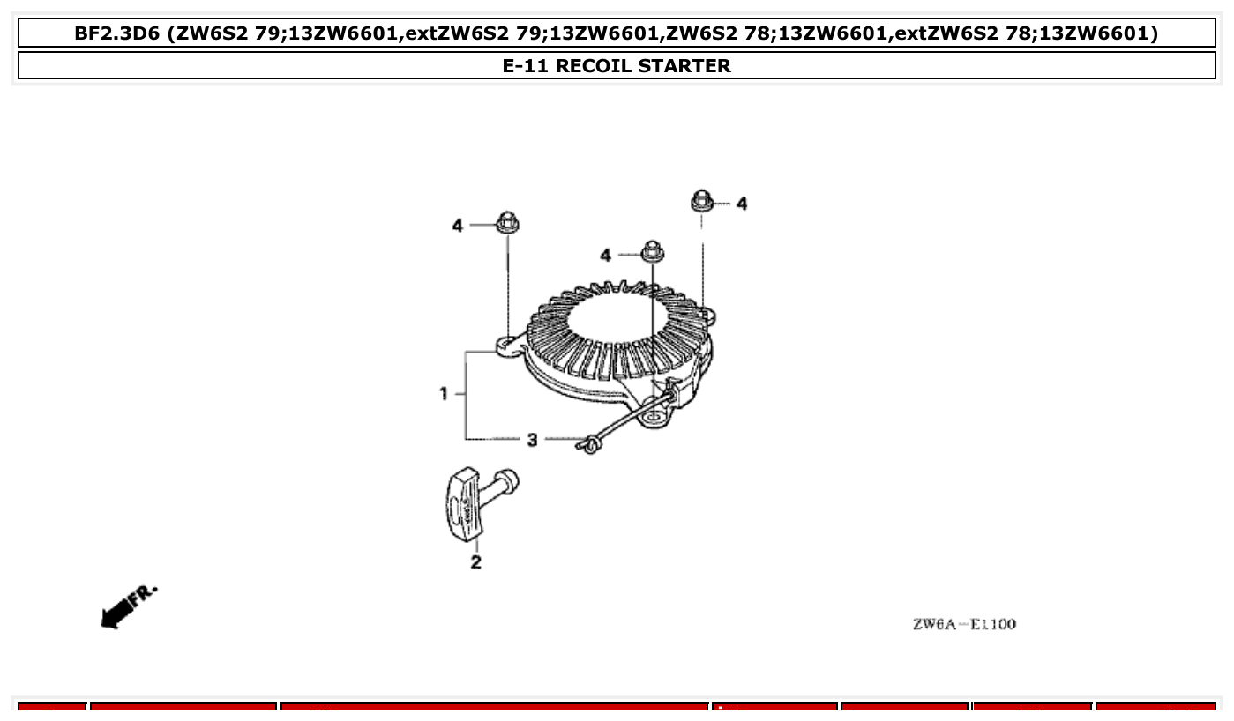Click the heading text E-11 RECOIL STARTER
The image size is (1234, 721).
(x=617, y=66)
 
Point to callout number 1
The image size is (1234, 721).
(x=444, y=394)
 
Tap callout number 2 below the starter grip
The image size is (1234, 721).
(x=476, y=562)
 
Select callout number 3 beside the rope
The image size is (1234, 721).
(x=532, y=439)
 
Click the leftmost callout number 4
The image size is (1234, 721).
(x=457, y=227)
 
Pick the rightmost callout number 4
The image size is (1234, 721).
(x=742, y=204)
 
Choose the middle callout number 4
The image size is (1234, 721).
(x=605, y=256)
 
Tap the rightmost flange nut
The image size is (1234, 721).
(x=702, y=200)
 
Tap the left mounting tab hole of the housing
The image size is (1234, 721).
(x=507, y=345)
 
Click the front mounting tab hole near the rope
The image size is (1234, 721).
(x=653, y=412)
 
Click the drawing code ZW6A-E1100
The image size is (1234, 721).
(x=964, y=625)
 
